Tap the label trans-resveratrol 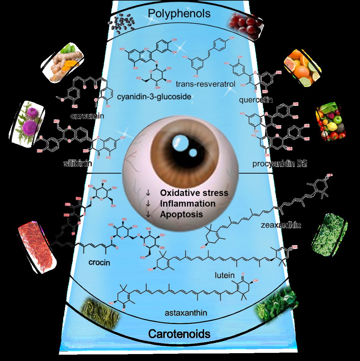pos(205,84)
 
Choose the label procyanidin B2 pos(279,164)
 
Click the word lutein pos(225,275)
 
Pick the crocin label pos(99,262)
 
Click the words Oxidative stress pos(194,193)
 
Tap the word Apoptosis pos(181,214)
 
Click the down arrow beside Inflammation pos(148,204)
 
